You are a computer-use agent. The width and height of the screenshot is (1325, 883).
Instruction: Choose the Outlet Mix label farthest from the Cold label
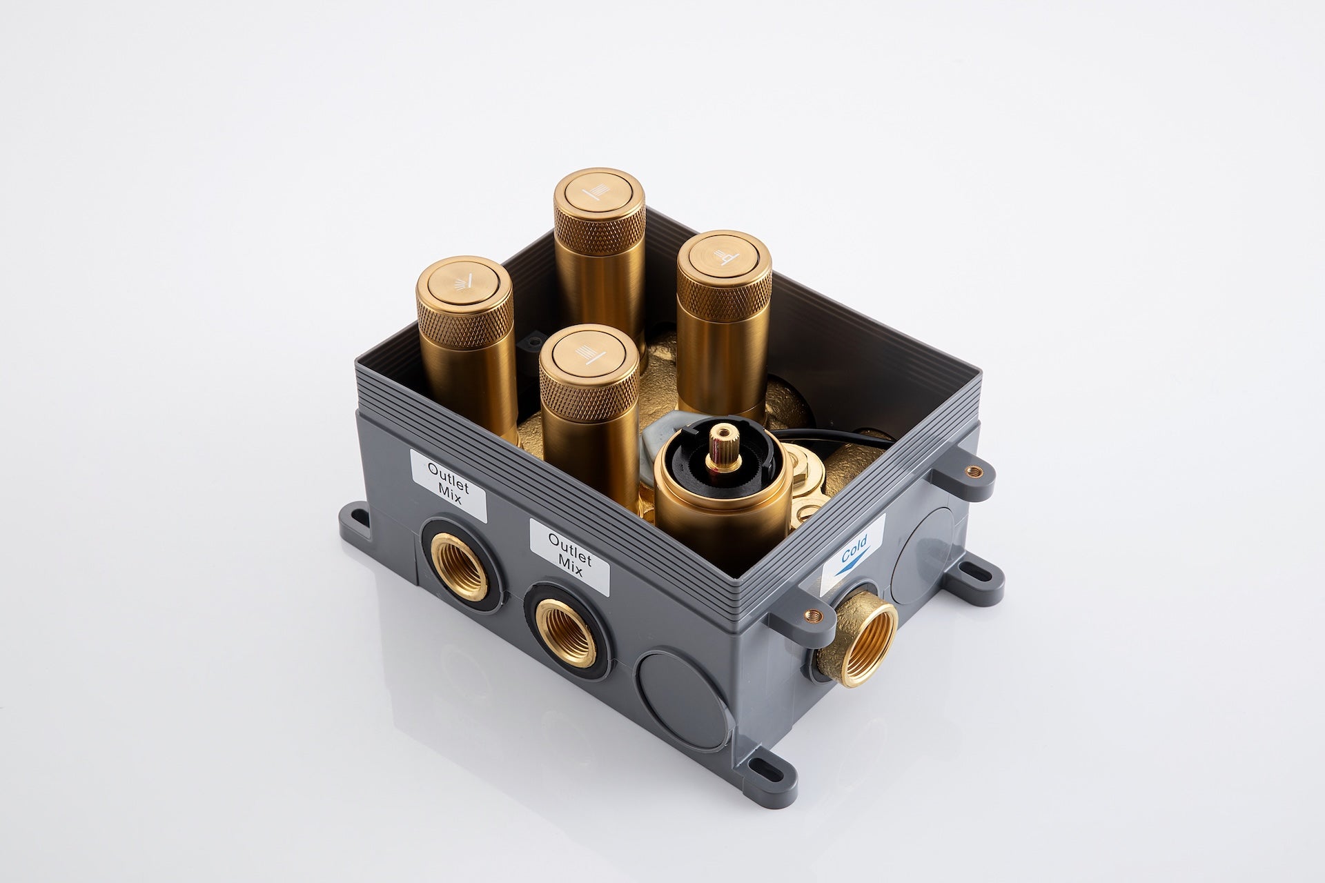pyautogui.click(x=449, y=484)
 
